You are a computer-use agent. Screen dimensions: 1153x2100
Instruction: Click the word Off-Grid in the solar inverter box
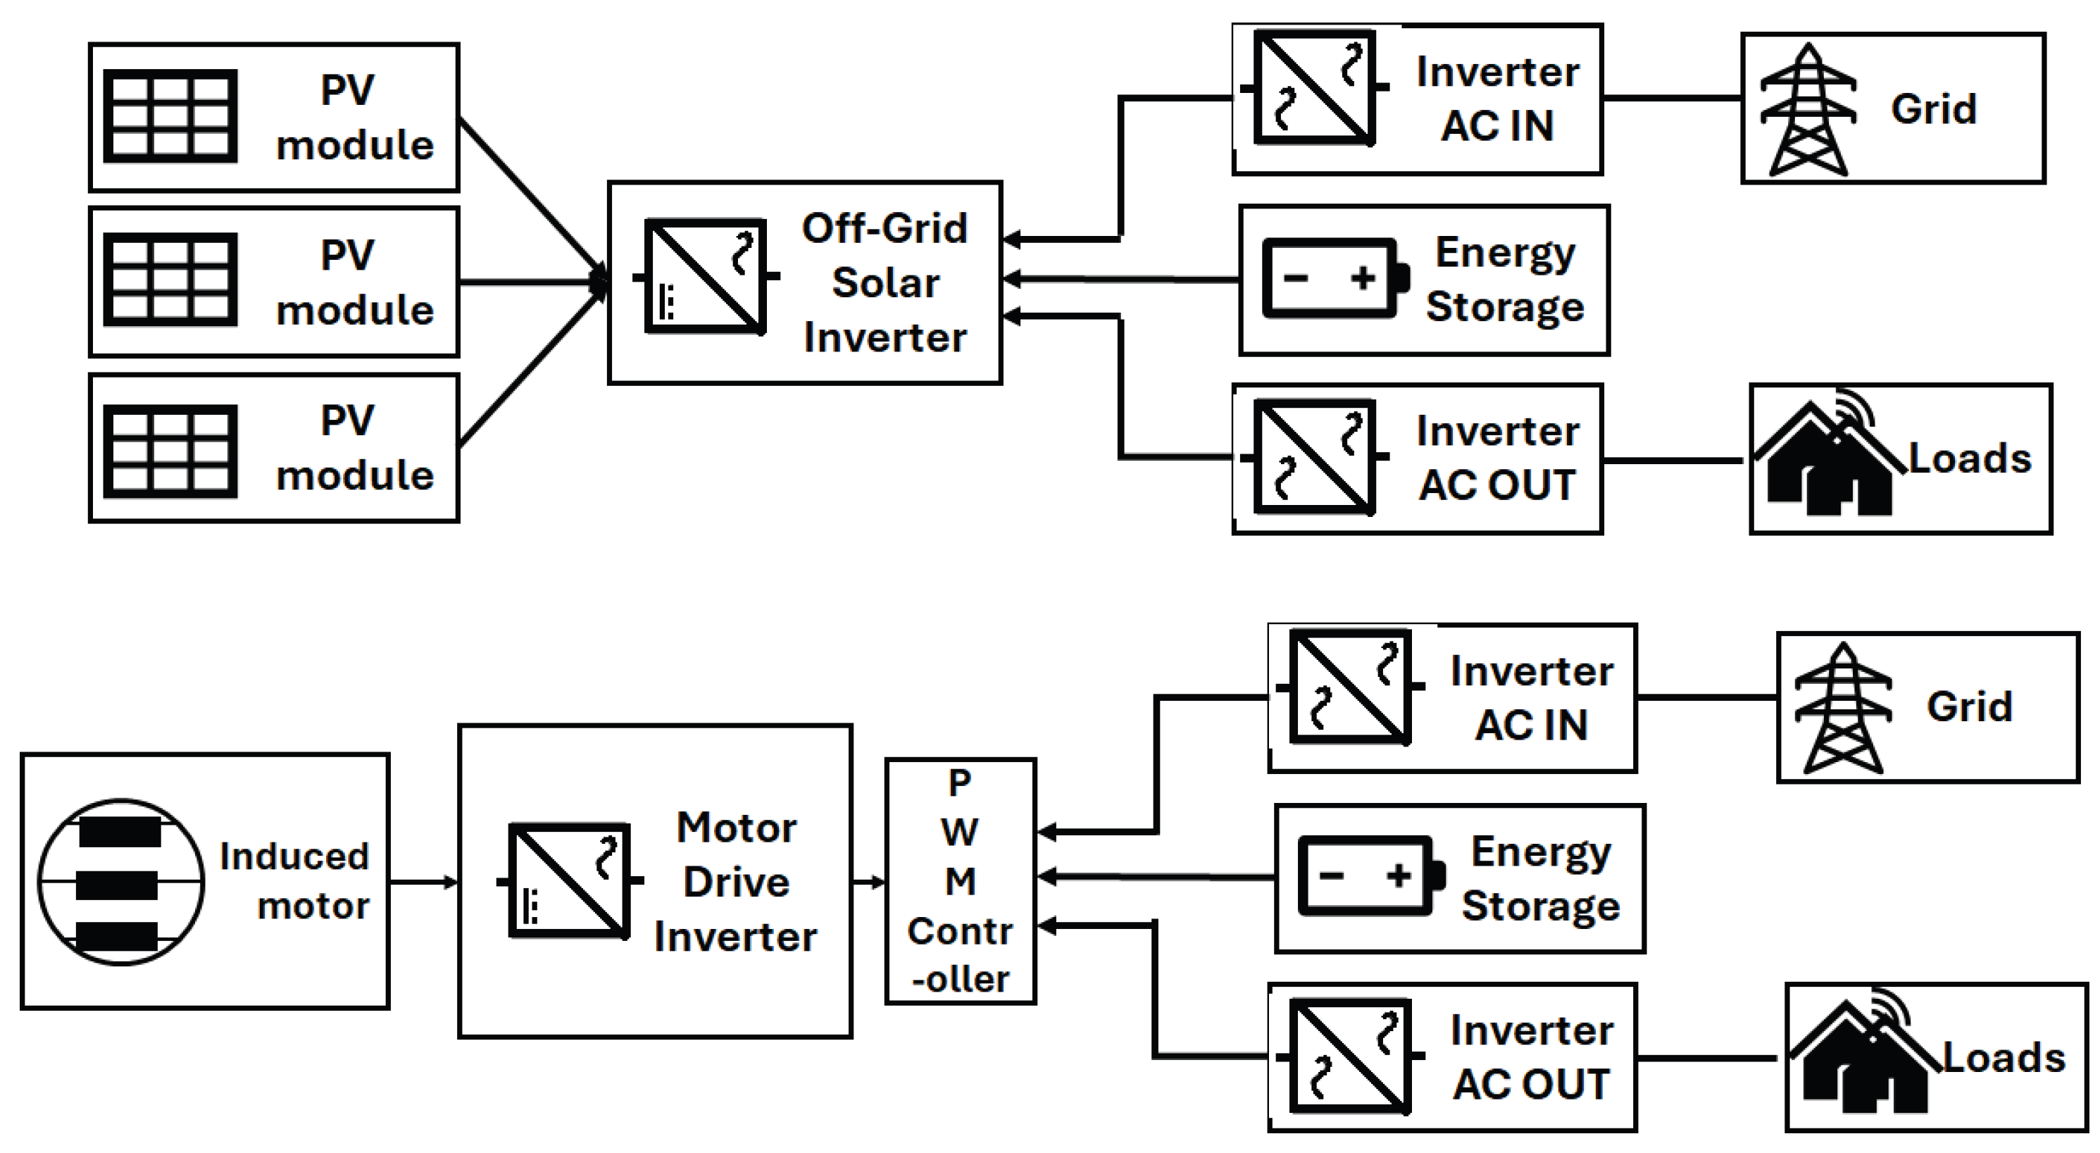[884, 228]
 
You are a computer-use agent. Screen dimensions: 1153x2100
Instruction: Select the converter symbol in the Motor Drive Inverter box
[570, 880]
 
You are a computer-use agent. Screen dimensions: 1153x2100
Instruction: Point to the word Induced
[294, 856]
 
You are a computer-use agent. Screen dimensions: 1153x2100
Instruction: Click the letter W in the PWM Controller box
[960, 833]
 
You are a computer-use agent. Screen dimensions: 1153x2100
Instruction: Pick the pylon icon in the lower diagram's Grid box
[1842, 708]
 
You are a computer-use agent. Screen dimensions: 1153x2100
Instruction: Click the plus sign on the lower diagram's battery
[1399, 875]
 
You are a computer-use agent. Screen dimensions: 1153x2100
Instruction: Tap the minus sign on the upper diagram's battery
[1295, 279]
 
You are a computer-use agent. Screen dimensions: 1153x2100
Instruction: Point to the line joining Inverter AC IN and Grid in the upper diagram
[1671, 98]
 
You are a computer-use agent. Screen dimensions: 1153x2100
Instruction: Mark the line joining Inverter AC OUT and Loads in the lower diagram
[1707, 1059]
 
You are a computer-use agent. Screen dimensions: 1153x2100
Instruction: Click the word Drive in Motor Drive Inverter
[736, 883]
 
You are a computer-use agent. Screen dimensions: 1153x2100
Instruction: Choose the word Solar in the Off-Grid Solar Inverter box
[885, 283]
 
